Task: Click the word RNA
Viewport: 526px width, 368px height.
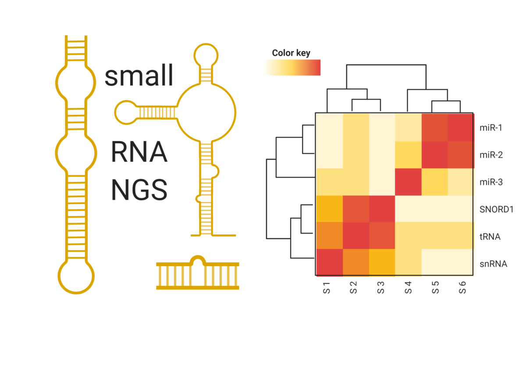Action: pyautogui.click(x=139, y=152)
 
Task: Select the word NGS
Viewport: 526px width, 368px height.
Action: pyautogui.click(x=139, y=190)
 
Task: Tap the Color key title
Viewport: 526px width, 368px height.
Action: pyautogui.click(x=291, y=53)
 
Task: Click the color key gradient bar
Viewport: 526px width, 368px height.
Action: pyautogui.click(x=292, y=67)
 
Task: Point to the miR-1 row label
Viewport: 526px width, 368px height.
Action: pyautogui.click(x=490, y=128)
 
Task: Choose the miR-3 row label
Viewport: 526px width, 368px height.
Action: pyautogui.click(x=490, y=182)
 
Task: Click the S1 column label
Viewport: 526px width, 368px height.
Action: pyautogui.click(x=327, y=287)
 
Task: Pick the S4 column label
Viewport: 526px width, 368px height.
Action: pyautogui.click(x=408, y=287)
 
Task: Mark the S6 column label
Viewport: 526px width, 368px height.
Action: pyautogui.click(x=462, y=287)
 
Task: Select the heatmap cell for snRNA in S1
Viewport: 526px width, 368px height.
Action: pyautogui.click(x=329, y=262)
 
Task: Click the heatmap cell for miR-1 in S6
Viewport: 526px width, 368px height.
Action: pyautogui.click(x=461, y=127)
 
